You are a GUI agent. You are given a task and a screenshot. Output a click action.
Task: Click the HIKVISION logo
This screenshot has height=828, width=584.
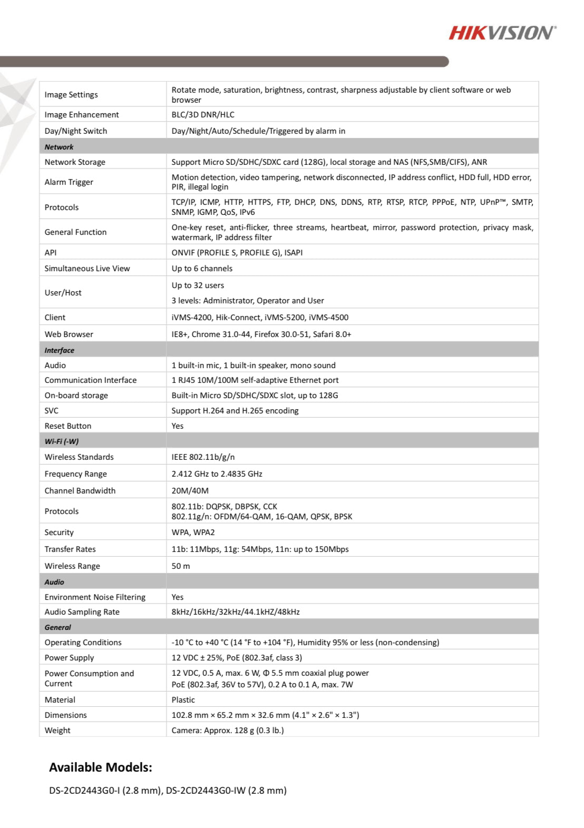pyautogui.click(x=502, y=33)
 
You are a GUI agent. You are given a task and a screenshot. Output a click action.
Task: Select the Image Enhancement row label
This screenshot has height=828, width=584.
pyautogui.click(x=82, y=115)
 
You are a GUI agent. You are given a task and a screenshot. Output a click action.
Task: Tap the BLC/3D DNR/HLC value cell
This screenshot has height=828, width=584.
pyautogui.click(x=203, y=115)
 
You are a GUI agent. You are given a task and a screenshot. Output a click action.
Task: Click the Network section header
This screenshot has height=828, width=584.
pyautogui.click(x=59, y=147)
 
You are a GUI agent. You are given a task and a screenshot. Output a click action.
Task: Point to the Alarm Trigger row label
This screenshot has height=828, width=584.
pyautogui.click(x=69, y=182)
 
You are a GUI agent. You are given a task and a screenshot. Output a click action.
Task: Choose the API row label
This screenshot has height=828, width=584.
pyautogui.click(x=51, y=253)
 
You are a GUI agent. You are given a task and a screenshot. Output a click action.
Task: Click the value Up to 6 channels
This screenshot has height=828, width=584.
pyautogui.click(x=202, y=269)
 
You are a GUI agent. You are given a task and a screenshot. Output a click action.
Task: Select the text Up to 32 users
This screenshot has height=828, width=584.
pyautogui.click(x=198, y=285)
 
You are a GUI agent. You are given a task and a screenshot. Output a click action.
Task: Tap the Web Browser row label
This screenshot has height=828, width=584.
pyautogui.click(x=69, y=334)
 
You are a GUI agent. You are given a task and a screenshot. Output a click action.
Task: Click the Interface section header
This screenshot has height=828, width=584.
pyautogui.click(x=60, y=350)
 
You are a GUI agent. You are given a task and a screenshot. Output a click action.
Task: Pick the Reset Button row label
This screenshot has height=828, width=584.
pyautogui.click(x=68, y=426)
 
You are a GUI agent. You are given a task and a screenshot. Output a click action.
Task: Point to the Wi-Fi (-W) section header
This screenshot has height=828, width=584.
pyautogui.click(x=62, y=441)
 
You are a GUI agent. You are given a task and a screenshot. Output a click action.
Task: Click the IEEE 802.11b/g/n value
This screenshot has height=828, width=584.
pyautogui.click(x=203, y=457)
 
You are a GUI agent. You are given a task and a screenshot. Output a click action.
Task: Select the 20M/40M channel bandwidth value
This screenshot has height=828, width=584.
pyautogui.click(x=190, y=491)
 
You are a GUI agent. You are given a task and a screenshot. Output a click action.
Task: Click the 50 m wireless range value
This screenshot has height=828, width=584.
pyautogui.click(x=181, y=566)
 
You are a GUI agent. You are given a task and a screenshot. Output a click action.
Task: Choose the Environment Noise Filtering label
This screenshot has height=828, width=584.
pyautogui.click(x=95, y=597)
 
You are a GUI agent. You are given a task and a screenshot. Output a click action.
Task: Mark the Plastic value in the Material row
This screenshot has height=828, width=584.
pyautogui.click(x=183, y=700)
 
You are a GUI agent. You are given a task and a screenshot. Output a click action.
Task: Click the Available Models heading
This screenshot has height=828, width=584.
pyautogui.click(x=101, y=767)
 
